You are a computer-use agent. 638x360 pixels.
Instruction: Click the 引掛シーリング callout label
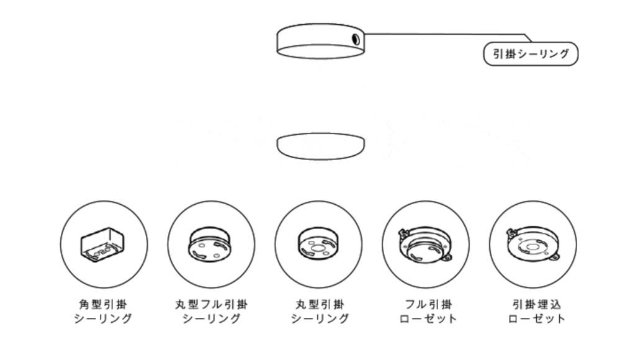[531, 54]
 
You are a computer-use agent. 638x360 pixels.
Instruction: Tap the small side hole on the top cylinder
[355, 39]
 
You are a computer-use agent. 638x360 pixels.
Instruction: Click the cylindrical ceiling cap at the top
[321, 41]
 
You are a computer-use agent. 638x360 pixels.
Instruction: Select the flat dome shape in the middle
[321, 146]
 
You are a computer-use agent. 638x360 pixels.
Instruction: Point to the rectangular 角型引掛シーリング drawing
[102, 245]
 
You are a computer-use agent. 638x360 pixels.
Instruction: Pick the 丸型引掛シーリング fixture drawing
[318, 244]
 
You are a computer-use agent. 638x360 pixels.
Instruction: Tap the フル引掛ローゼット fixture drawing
[425, 244]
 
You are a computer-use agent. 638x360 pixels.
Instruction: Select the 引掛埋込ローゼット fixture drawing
[533, 244]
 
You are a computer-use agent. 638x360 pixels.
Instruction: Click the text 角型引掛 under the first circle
[103, 304]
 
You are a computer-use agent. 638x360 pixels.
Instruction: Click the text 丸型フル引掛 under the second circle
[211, 304]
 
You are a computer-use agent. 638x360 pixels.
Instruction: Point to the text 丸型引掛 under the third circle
[320, 304]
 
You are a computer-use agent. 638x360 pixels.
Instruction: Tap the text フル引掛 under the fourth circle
[428, 304]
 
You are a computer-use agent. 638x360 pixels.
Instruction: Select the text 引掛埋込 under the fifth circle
[537, 304]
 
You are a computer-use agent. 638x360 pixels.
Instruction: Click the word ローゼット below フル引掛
[428, 318]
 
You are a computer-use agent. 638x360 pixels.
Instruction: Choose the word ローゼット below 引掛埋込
[537, 318]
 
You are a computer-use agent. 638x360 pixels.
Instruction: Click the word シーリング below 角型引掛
[103, 318]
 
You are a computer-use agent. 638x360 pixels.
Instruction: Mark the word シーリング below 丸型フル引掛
[211, 318]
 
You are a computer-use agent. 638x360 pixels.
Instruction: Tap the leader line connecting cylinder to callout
[447, 34]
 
